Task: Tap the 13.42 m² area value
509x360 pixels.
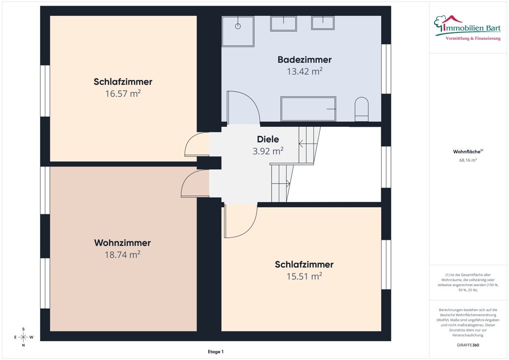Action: [x=304, y=71]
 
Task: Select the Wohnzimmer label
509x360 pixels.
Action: [x=122, y=243]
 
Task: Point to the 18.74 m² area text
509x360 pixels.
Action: [x=122, y=255]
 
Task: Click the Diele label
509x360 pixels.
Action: [x=268, y=139]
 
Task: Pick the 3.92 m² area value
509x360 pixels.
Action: [x=268, y=151]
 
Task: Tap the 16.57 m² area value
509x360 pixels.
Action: [x=123, y=94]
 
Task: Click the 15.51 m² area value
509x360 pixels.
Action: [x=304, y=276]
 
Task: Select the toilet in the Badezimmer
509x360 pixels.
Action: [x=361, y=109]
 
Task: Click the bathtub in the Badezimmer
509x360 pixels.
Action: [x=308, y=109]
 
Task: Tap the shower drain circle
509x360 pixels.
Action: [x=238, y=26]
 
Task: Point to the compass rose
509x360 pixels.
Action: [x=23, y=337]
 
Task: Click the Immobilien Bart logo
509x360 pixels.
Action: [x=467, y=28]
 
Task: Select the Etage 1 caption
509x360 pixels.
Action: [x=215, y=351]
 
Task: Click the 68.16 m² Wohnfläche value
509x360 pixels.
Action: [x=468, y=160]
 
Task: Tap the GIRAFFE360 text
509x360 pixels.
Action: [x=468, y=345]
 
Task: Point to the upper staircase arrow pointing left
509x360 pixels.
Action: [x=306, y=143]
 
